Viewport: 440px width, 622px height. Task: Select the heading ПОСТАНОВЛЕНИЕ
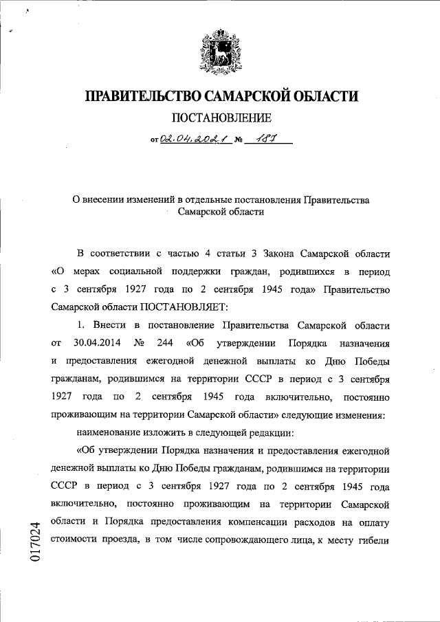point(221,118)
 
